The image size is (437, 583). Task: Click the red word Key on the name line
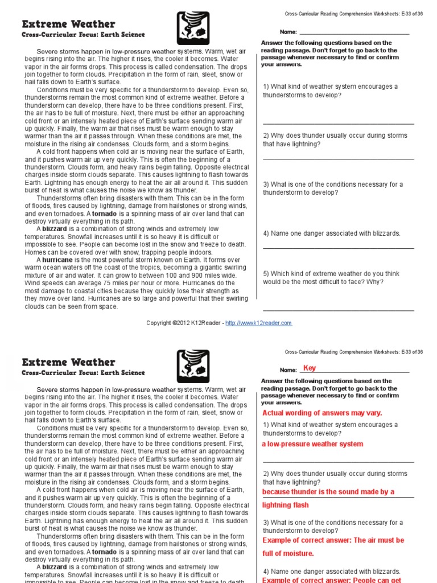pos(310,368)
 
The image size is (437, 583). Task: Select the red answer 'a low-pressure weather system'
pos(312,444)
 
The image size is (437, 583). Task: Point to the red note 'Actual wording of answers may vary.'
pos(322,413)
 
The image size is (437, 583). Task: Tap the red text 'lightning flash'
pos(285,505)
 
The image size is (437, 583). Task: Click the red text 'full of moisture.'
pos(288,553)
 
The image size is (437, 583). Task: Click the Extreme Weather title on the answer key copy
pos(68,362)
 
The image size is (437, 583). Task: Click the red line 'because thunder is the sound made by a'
pos(328,492)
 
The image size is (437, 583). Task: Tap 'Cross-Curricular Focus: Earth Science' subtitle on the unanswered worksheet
pos(83,35)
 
